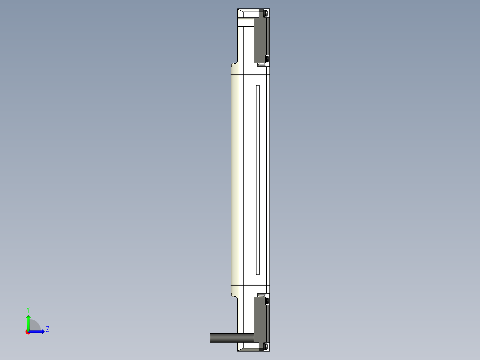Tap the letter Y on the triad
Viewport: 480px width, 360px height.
(x=28, y=310)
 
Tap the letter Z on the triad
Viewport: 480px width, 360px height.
(x=47, y=329)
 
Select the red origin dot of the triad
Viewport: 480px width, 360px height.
(x=28, y=332)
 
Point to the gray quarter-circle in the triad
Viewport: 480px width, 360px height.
(x=34, y=326)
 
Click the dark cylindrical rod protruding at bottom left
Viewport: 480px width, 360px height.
(x=224, y=338)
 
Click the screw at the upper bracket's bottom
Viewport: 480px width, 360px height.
(x=267, y=59)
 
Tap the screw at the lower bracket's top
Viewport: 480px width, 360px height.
(x=267, y=302)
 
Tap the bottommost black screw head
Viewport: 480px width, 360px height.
(x=266, y=346)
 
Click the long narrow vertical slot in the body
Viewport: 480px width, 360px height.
(x=258, y=180)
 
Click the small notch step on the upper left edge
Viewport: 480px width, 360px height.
(x=233, y=64)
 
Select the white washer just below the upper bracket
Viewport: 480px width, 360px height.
(x=261, y=65)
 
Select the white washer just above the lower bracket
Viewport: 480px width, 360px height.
(x=261, y=295)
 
